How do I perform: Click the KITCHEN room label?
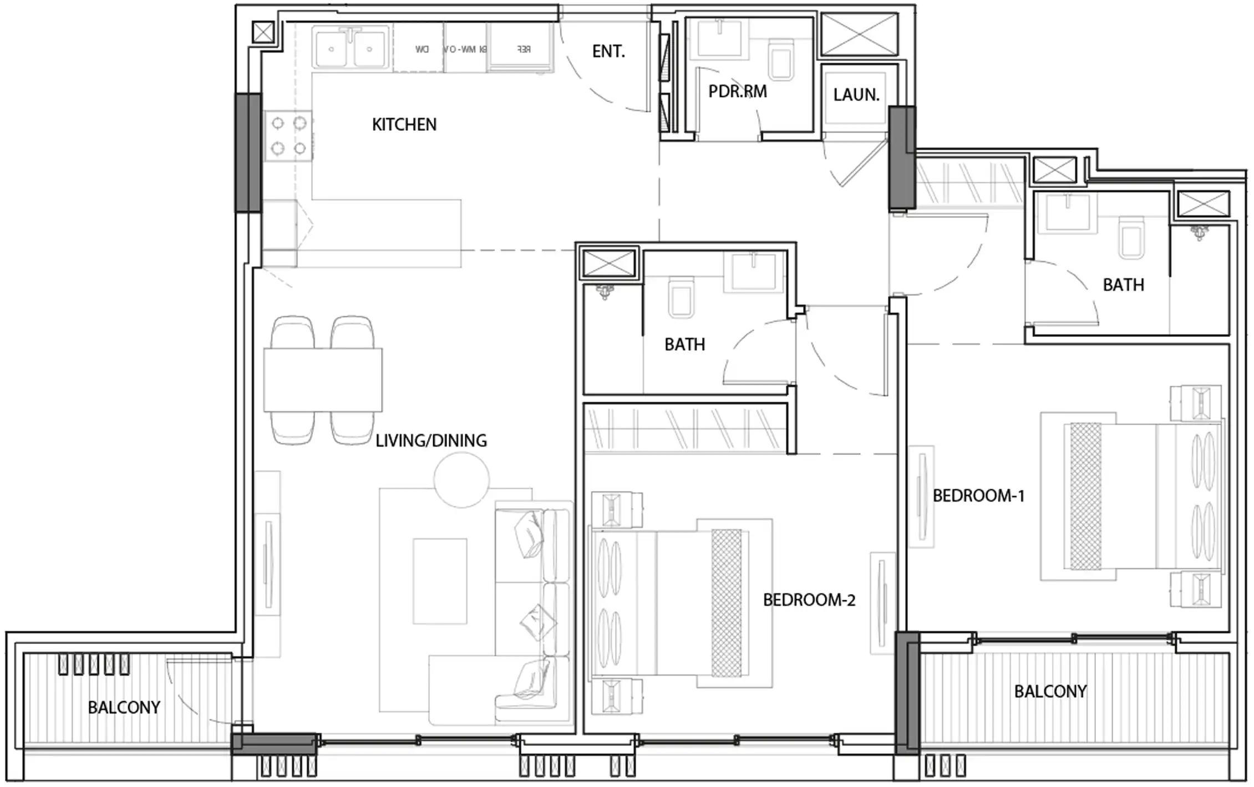click(404, 124)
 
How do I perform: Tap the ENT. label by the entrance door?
click(608, 52)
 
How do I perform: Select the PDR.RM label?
click(737, 91)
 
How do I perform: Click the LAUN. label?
click(856, 95)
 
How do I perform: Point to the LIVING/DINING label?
click(431, 441)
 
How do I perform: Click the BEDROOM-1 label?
click(978, 495)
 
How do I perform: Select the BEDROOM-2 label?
click(809, 600)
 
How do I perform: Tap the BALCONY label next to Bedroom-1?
click(1050, 691)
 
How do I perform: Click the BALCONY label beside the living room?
click(124, 707)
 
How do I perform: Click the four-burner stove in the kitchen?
click(288, 136)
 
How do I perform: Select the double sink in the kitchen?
click(350, 49)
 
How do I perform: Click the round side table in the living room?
click(461, 480)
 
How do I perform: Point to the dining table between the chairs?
click(323, 380)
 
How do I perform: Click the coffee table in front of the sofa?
click(439, 581)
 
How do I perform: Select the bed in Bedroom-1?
click(1131, 496)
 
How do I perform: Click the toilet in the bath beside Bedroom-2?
click(681, 297)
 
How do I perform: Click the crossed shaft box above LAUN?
click(859, 34)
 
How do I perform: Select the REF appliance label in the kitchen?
click(523, 49)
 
